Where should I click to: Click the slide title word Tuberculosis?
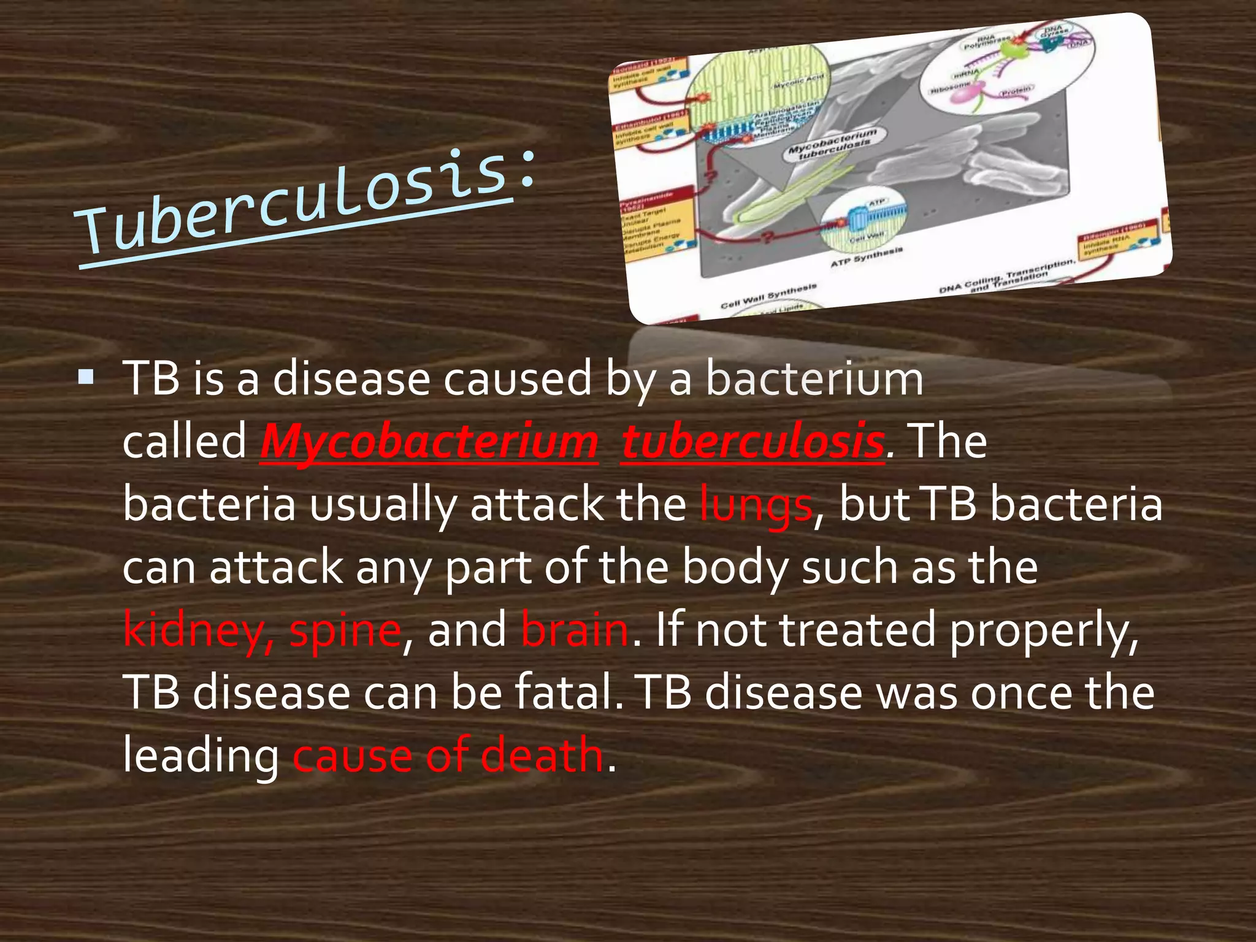[x=294, y=202]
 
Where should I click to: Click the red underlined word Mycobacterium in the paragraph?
[x=429, y=442]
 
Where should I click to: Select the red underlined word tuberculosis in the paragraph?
[x=752, y=442]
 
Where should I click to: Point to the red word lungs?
[x=756, y=505]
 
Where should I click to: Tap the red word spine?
[x=345, y=630]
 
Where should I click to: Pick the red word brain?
[x=575, y=630]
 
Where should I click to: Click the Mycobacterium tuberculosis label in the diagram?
[x=833, y=143]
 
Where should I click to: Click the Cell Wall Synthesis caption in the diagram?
[x=768, y=296]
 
